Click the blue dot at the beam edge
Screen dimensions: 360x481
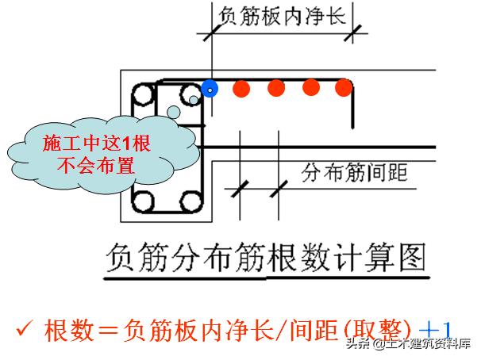(x=210, y=89)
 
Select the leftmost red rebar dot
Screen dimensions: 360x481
(x=239, y=88)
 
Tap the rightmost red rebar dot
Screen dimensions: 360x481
(x=343, y=87)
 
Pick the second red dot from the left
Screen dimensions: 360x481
(x=275, y=88)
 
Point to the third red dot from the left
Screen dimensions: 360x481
(x=310, y=87)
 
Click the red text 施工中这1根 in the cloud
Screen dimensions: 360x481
(x=92, y=144)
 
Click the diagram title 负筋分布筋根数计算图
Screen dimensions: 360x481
(x=266, y=259)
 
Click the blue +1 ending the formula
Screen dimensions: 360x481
(x=436, y=327)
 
